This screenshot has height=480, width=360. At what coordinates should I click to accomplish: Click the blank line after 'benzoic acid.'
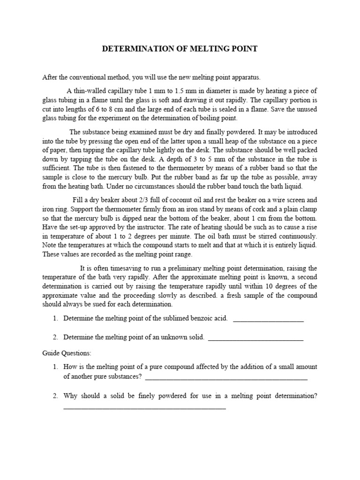coord(268,321)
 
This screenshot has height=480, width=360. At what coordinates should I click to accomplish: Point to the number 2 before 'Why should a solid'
coord(55,396)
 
